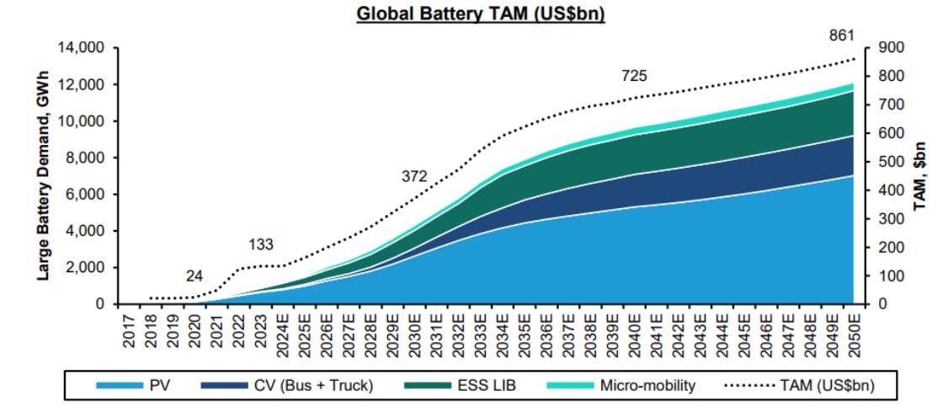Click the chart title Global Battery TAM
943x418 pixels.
(x=481, y=13)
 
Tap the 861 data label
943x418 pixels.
(x=841, y=36)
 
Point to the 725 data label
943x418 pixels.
(x=634, y=76)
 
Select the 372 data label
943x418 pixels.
(x=414, y=176)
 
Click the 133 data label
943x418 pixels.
(x=261, y=244)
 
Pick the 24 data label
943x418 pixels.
(x=194, y=276)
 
